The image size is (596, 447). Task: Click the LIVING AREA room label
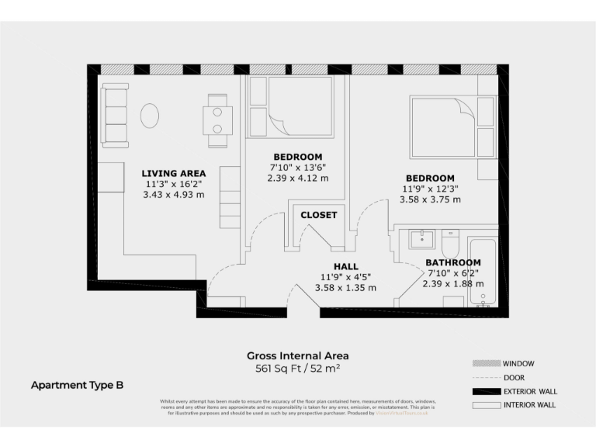tap(173, 173)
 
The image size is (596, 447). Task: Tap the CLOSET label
tap(318, 215)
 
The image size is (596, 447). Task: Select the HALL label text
tap(345, 266)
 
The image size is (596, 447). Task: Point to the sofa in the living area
tap(116, 116)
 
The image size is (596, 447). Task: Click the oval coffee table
tap(151, 116)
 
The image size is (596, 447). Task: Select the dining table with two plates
tap(217, 120)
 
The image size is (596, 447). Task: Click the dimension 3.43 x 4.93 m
tap(173, 195)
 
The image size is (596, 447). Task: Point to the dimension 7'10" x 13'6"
tap(298, 167)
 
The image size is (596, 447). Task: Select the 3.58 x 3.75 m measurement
tap(430, 199)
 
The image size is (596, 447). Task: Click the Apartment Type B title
tap(76, 385)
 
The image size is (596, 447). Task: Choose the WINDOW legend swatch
tap(485, 363)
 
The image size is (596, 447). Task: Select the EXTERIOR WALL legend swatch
tap(485, 391)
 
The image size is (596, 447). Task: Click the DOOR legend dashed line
tap(485, 377)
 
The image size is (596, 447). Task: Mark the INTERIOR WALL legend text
tap(529, 405)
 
